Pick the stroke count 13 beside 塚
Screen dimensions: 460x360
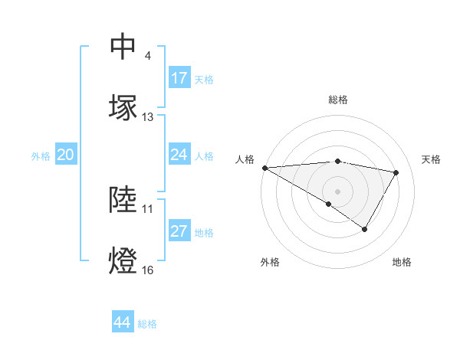[x=148, y=117]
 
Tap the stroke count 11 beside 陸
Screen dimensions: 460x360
[x=148, y=208]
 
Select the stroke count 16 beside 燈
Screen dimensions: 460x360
[x=148, y=270]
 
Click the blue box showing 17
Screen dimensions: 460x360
[x=179, y=78]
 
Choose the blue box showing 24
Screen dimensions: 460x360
[x=179, y=155]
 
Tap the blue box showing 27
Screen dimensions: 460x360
[x=179, y=231]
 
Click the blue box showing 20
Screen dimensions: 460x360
[x=66, y=155]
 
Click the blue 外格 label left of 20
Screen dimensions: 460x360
[x=41, y=156]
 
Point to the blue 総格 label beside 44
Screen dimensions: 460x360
[x=147, y=324]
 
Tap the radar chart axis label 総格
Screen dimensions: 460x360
[x=338, y=100]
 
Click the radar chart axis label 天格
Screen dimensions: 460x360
[x=432, y=159]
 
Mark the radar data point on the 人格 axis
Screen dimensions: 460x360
[x=264, y=167]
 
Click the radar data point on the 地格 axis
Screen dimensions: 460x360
[x=365, y=229]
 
